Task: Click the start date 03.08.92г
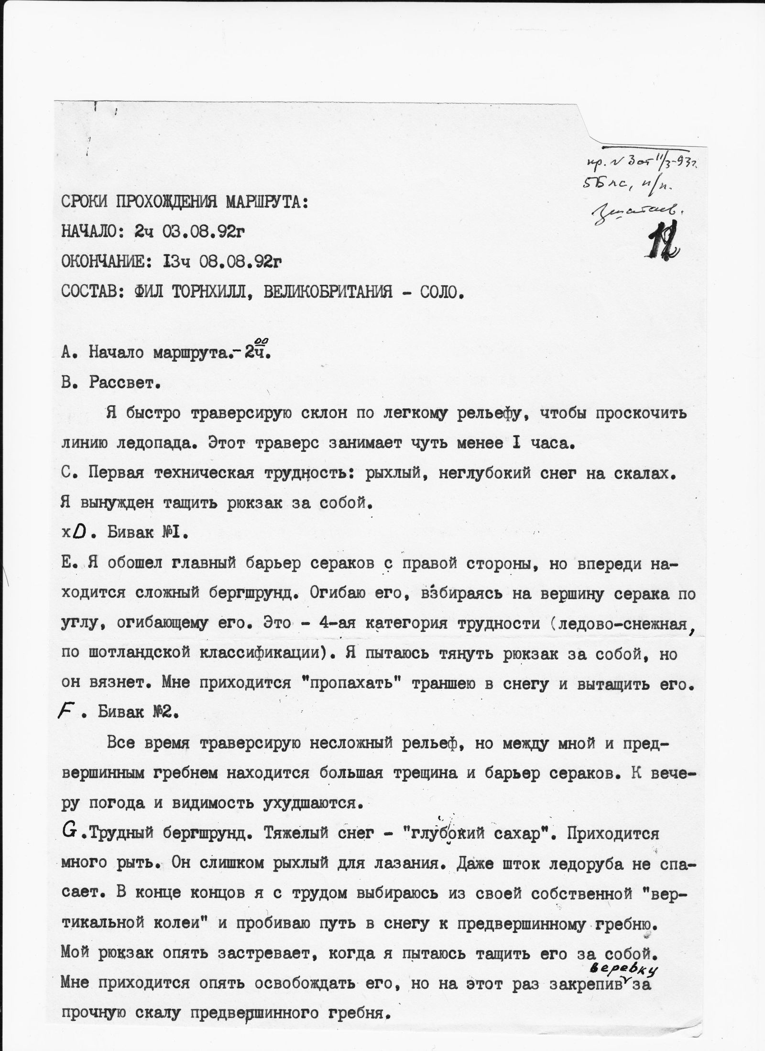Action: pos(197,232)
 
